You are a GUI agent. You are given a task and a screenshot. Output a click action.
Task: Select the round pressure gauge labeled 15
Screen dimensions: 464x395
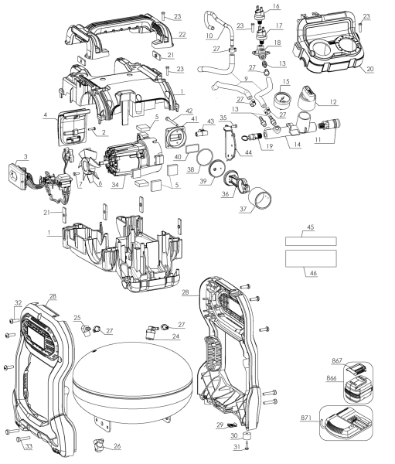[x=283, y=98]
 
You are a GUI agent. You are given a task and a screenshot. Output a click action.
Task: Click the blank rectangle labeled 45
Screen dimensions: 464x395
[x=312, y=241]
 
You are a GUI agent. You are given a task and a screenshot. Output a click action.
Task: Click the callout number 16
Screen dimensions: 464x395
[x=275, y=6]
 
